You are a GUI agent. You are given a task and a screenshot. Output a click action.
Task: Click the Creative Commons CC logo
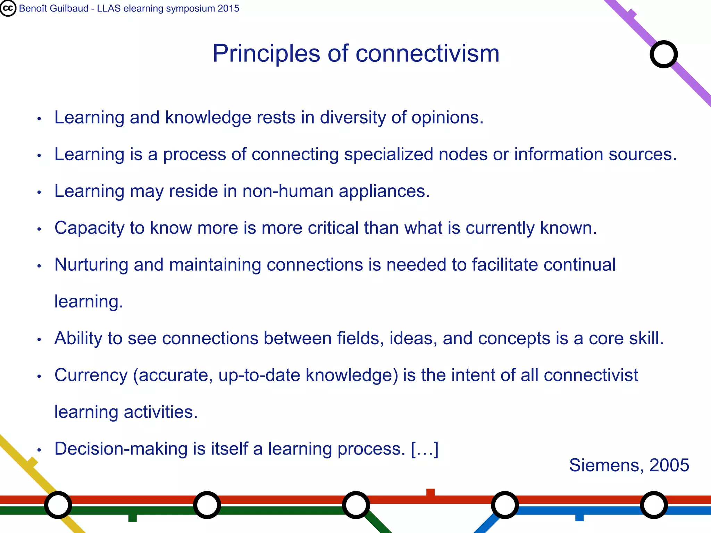point(8,8)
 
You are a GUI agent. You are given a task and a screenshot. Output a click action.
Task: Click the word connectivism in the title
point(427,54)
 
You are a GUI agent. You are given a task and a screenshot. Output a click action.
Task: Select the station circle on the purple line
point(663,54)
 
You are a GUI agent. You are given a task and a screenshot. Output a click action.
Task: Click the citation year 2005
point(669,465)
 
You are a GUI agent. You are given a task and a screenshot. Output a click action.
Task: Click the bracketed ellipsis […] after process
point(425,449)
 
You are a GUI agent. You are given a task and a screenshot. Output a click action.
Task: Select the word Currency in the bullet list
point(91,375)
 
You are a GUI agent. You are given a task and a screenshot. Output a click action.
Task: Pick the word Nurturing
point(91,265)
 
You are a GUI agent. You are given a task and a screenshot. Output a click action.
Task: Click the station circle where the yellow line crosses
point(58,505)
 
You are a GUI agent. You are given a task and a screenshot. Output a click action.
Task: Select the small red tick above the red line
point(430,492)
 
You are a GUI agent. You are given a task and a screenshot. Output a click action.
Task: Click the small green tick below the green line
point(132,518)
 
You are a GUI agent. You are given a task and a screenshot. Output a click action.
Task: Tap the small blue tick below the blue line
point(579,517)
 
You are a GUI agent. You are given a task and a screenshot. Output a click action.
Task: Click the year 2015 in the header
point(228,8)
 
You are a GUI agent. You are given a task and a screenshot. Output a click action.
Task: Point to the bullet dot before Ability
point(39,340)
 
